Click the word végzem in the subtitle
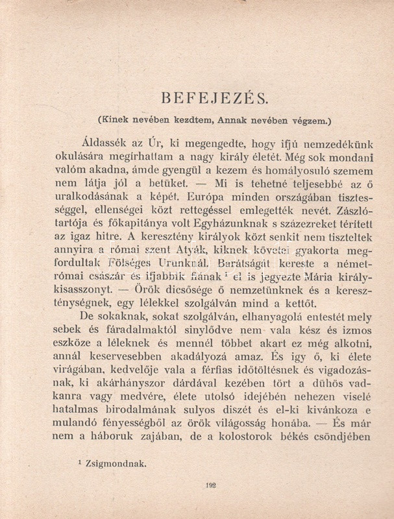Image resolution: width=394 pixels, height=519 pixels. [x=310, y=120]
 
